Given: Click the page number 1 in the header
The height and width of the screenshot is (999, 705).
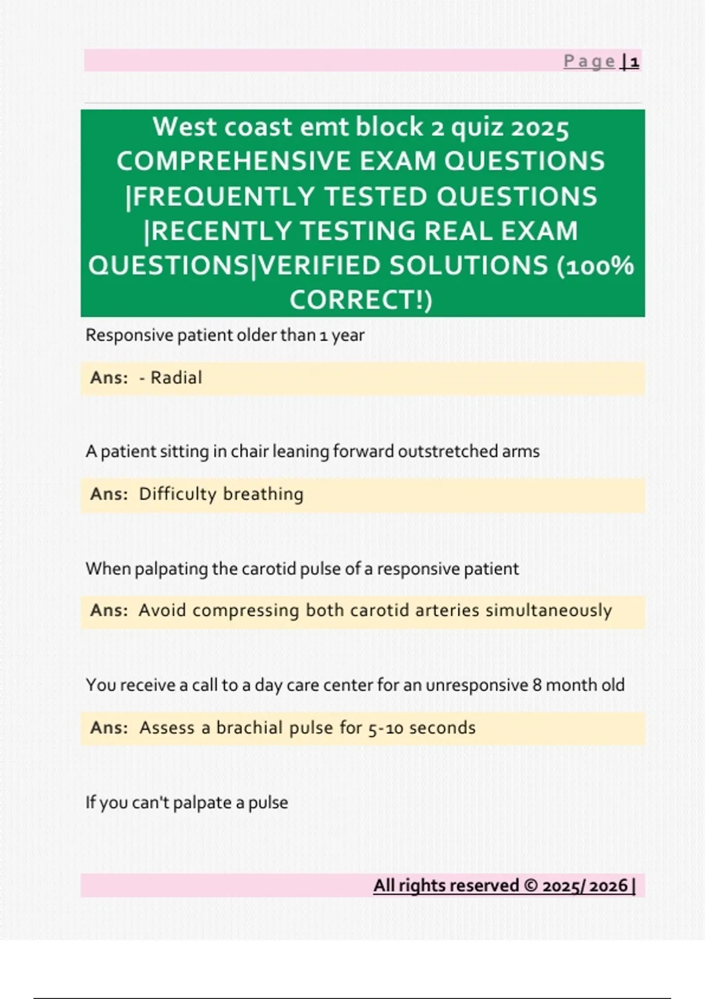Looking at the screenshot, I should [634, 61].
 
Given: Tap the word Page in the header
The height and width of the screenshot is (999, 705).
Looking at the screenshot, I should [589, 61].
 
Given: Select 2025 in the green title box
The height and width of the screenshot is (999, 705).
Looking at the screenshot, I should [540, 128].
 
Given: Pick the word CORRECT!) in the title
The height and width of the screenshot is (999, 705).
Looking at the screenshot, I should [361, 300].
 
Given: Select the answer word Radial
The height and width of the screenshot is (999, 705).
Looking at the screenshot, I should [176, 378].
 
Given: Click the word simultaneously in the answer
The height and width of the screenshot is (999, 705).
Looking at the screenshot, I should [549, 611].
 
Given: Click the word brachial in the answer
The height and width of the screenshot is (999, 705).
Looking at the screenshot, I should [250, 728].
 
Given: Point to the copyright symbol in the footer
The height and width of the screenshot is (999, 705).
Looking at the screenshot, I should [531, 886].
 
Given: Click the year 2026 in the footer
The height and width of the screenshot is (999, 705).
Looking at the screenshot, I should [609, 886].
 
